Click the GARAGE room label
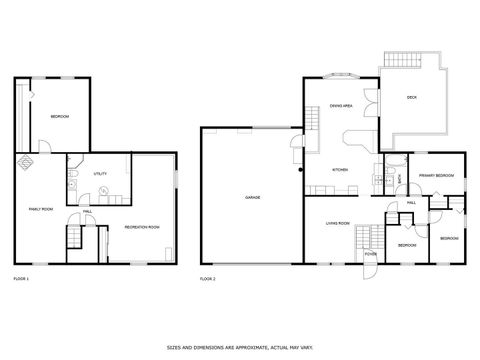coord(253,198)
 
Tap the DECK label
coord(411,97)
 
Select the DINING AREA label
coord(341,119)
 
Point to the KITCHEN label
coord(340,169)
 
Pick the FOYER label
coord(370,254)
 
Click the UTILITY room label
coord(100,174)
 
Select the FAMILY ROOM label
coord(40,208)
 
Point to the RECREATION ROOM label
coord(141,227)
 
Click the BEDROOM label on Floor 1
coord(59,117)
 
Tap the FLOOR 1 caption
coord(21,277)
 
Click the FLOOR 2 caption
coord(208,277)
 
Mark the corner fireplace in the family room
coord(25,161)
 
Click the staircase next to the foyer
coord(369,236)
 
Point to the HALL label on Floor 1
coord(88,211)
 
